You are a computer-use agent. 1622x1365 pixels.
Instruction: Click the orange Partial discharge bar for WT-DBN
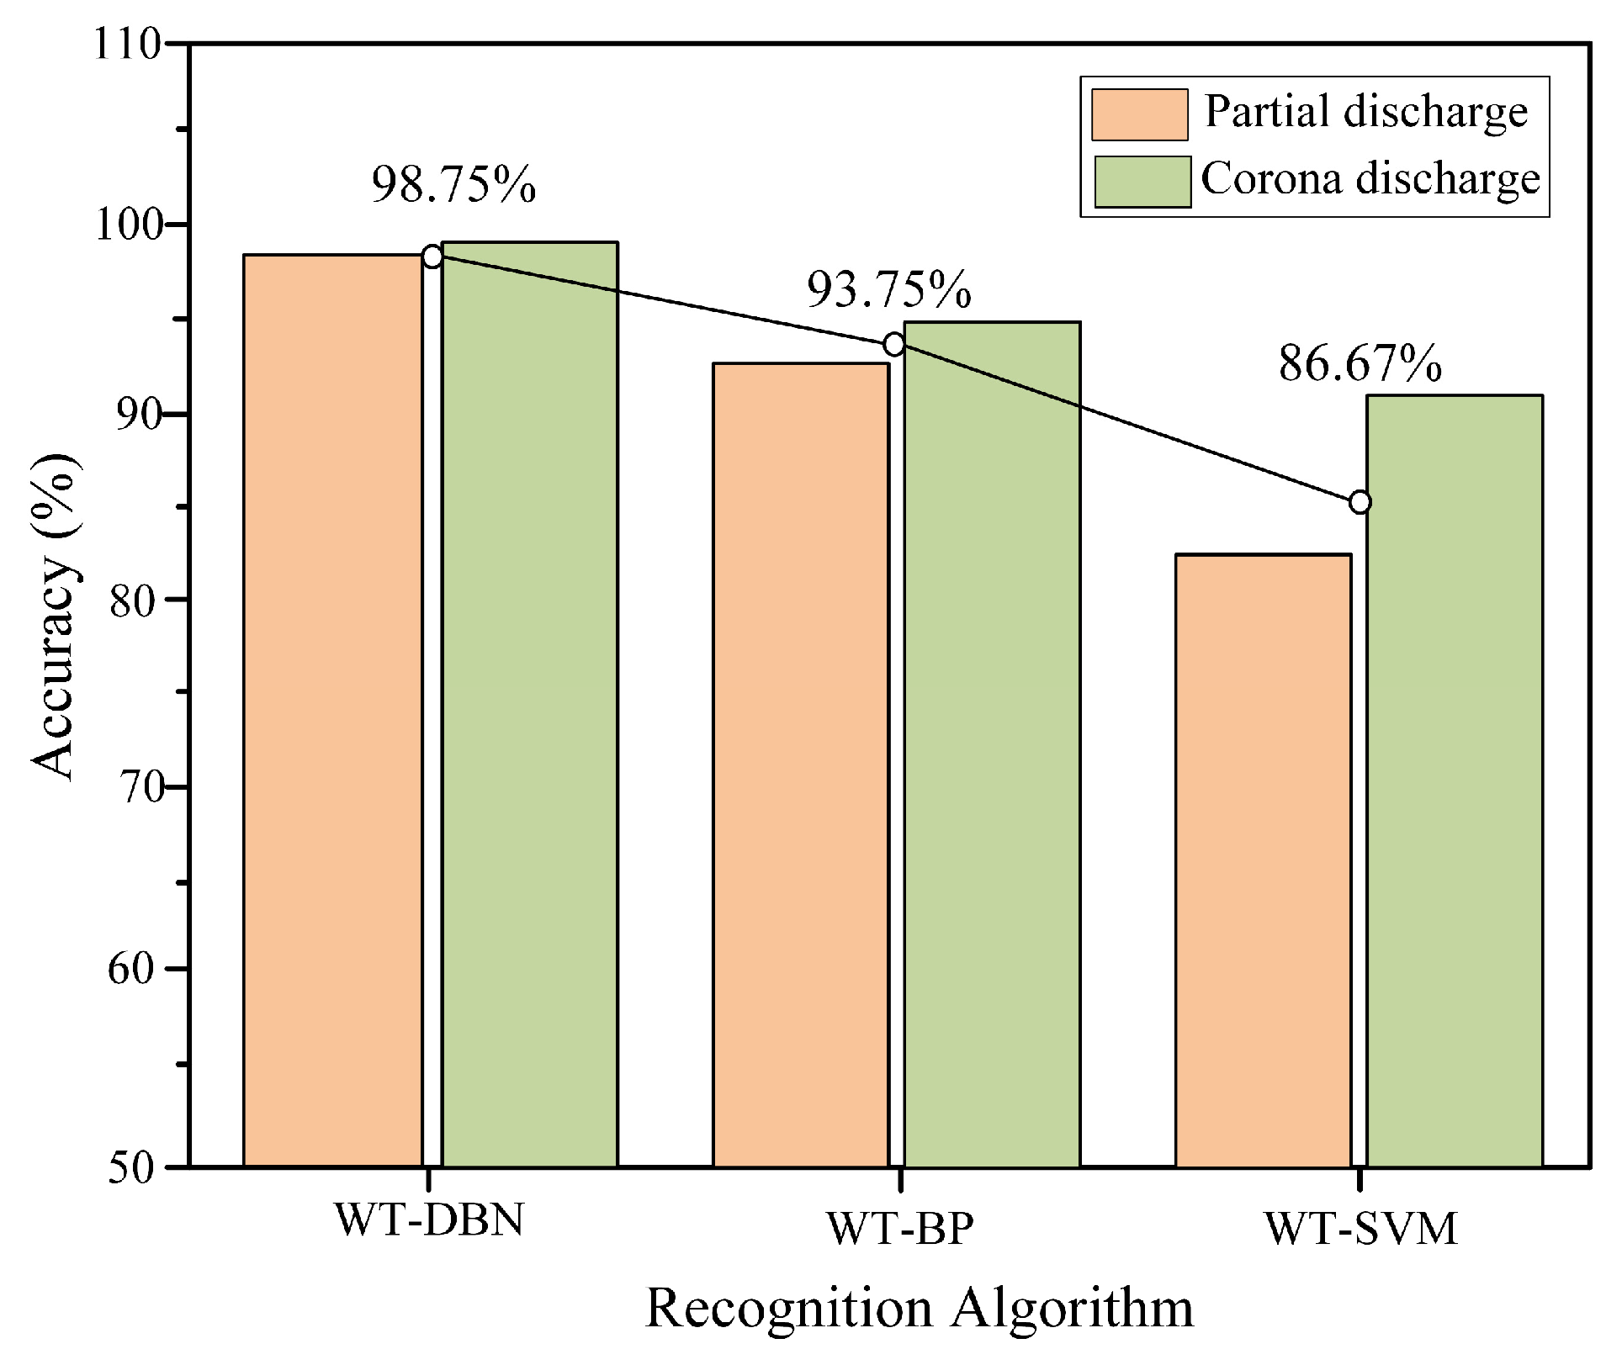(x=332, y=711)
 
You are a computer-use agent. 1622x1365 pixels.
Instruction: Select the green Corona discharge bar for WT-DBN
(x=530, y=705)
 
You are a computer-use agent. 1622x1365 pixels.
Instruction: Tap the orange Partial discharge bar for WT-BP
(x=800, y=765)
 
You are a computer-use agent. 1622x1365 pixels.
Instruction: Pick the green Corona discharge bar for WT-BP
(x=992, y=744)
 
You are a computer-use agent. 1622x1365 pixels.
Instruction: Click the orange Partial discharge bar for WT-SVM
(x=1263, y=860)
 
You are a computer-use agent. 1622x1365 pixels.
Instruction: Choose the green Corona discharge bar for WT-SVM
(x=1454, y=780)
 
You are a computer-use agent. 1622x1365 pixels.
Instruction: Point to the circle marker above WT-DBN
(x=432, y=257)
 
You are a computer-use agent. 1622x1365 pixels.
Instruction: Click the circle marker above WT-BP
(x=893, y=344)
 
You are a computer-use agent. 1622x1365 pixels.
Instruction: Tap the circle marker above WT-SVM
(x=1360, y=502)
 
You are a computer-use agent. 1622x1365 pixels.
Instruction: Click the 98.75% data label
(x=453, y=184)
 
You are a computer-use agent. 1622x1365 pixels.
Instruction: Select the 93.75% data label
(x=889, y=290)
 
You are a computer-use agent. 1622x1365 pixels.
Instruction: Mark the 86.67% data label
(x=1360, y=364)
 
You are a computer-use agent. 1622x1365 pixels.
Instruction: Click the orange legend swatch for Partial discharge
(x=1139, y=114)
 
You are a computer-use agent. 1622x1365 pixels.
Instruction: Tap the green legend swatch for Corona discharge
(x=1142, y=181)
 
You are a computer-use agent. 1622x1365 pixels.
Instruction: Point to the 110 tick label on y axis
(x=126, y=44)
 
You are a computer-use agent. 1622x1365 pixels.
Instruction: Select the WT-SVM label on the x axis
(x=1360, y=1229)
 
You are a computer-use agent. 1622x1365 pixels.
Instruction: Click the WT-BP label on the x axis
(x=899, y=1229)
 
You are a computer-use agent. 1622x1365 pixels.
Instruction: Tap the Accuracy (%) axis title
(x=56, y=618)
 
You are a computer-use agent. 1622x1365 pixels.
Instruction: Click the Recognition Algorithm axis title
(x=919, y=1309)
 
